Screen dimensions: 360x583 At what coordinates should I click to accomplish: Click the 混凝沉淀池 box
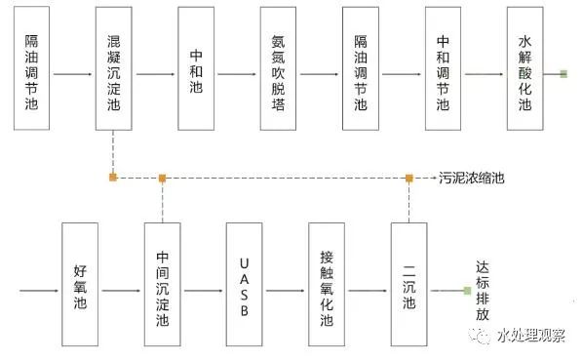tap(114, 68)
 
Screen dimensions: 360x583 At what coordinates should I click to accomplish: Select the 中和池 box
tap(196, 68)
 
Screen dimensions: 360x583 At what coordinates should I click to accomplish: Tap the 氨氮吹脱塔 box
tap(279, 68)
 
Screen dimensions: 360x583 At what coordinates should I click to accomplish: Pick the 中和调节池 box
tap(443, 68)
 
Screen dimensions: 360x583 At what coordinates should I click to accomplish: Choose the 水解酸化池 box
tap(525, 68)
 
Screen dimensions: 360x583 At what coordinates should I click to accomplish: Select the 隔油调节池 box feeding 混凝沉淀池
tap(31, 68)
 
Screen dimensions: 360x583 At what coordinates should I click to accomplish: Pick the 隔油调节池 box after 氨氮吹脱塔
tap(361, 68)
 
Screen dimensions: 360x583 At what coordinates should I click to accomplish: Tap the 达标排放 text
tap(482, 290)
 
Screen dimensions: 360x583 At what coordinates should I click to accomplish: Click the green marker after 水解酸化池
tap(563, 73)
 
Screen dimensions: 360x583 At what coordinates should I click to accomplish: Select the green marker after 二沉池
tap(467, 290)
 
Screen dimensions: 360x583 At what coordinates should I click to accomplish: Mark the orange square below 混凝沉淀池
tap(114, 178)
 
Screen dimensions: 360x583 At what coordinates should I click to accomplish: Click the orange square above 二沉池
tap(409, 178)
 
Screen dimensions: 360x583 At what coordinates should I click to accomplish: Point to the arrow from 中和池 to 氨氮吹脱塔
tap(238, 73)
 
